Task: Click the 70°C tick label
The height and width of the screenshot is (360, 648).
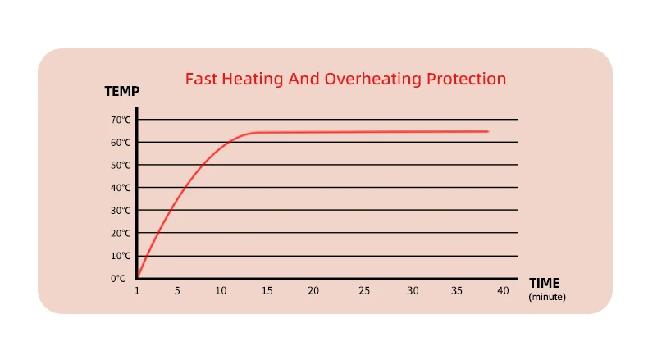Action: point(121,120)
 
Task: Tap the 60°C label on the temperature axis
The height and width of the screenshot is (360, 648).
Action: point(121,143)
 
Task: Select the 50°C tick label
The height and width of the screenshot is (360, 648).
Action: point(121,165)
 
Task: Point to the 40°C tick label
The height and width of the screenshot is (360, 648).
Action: point(121,188)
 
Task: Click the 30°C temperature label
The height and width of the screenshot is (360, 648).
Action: point(121,211)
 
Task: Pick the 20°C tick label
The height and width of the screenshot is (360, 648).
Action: point(121,233)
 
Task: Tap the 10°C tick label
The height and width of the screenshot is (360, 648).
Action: point(121,256)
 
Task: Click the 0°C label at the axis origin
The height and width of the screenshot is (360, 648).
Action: point(119,279)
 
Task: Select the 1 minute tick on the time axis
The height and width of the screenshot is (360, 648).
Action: point(137,292)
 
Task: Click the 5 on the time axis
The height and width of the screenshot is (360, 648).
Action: point(176,292)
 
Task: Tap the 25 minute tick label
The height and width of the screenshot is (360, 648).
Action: point(364,292)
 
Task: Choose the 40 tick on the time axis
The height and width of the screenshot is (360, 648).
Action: point(503,292)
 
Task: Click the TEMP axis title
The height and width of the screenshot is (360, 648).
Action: point(121,91)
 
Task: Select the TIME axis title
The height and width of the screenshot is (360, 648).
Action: point(545,283)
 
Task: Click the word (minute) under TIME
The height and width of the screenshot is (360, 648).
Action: point(547,296)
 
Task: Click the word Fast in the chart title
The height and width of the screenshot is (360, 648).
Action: point(200,80)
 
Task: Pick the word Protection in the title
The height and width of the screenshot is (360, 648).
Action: point(466,80)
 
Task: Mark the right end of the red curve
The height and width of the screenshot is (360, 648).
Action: point(488,131)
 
